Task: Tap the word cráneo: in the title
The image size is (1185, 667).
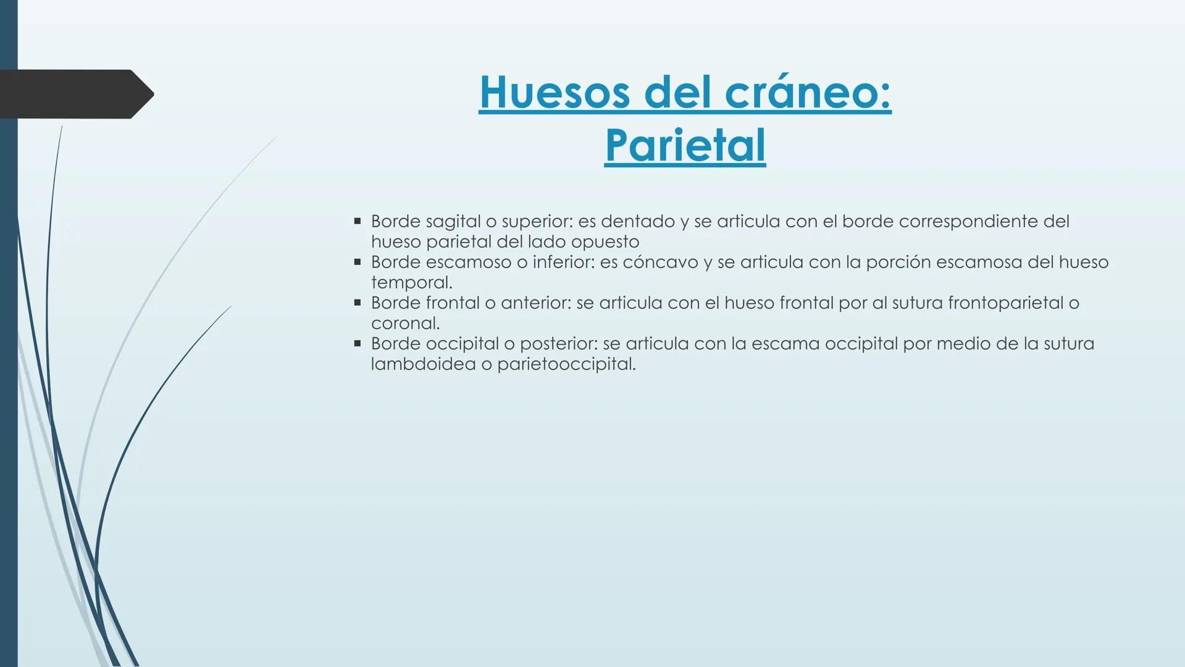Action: click(x=808, y=93)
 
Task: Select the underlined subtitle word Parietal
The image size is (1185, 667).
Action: click(x=685, y=146)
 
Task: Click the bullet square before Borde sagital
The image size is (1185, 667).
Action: click(x=357, y=220)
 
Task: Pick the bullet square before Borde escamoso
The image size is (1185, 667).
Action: click(x=357, y=261)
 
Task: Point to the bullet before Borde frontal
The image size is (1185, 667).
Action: click(x=357, y=302)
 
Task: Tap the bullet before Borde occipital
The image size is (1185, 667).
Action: click(x=357, y=343)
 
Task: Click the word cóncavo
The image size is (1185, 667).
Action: click(x=660, y=262)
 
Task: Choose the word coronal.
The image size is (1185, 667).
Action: click(x=404, y=323)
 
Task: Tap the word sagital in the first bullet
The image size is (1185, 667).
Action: click(x=453, y=222)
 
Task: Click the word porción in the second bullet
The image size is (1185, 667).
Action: click(x=898, y=262)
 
